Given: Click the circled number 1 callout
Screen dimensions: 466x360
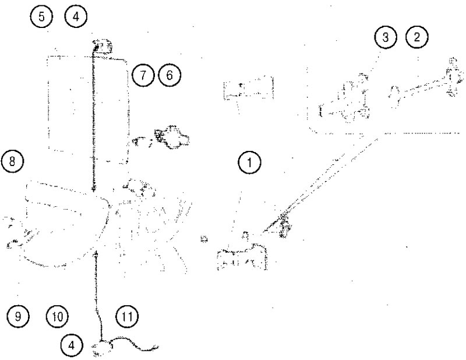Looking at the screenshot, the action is [x=250, y=163].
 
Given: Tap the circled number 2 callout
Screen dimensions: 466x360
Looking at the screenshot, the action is [x=417, y=37].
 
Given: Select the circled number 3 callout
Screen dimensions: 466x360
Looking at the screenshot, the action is [x=386, y=38].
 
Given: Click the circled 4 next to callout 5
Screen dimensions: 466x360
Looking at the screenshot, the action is [x=76, y=17].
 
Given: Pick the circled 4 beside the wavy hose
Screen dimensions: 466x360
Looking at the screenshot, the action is [x=71, y=345].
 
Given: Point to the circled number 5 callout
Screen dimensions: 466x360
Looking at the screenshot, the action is [x=41, y=17].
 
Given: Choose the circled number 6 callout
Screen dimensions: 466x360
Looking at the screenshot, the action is [x=170, y=75].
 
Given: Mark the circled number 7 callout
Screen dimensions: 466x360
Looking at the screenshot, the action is [x=143, y=75].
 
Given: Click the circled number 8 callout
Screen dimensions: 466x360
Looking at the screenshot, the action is [x=12, y=162].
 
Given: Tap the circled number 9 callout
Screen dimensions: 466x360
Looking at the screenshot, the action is [x=18, y=316].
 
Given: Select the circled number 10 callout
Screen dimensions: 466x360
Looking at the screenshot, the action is [x=57, y=316].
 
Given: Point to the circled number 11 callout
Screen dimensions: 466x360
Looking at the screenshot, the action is [x=127, y=316].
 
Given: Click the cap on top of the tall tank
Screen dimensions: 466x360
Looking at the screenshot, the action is [x=103, y=47].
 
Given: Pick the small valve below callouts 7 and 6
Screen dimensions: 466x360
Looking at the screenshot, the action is [x=172, y=137].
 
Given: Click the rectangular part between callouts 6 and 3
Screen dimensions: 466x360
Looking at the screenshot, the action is [x=249, y=87].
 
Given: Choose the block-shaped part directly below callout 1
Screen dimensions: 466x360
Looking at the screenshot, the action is [x=242, y=256].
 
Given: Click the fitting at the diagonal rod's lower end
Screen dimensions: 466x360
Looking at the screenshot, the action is [x=283, y=227].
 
